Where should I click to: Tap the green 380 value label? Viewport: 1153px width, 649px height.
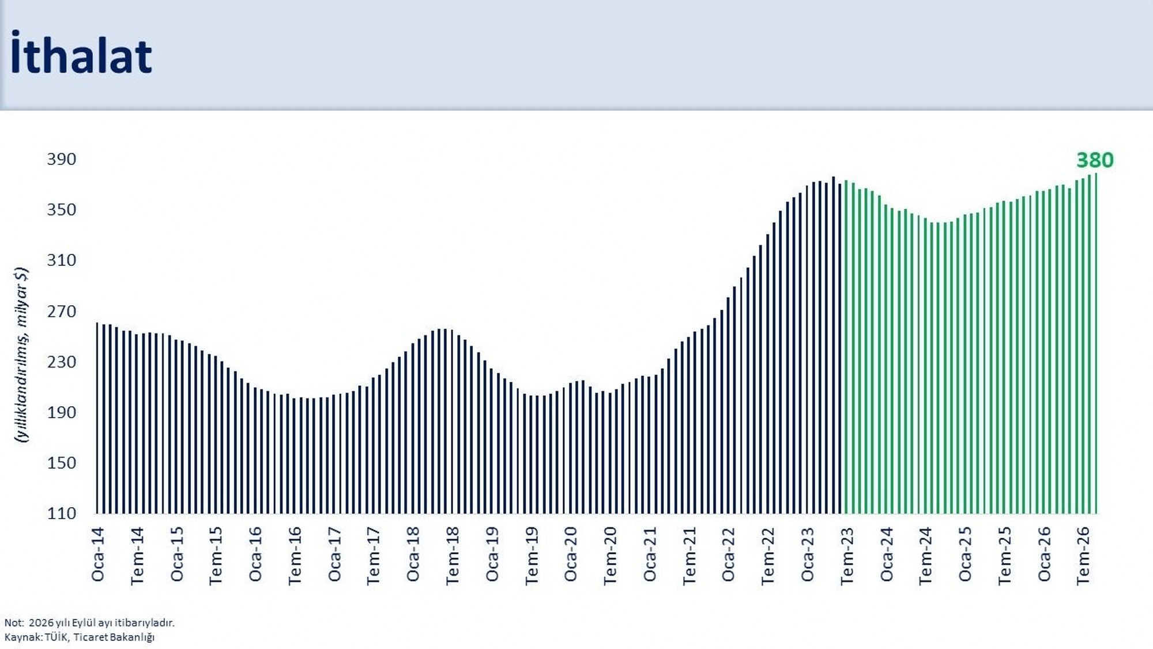pyautogui.click(x=1095, y=160)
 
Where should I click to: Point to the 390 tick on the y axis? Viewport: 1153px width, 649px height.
pyautogui.click(x=62, y=159)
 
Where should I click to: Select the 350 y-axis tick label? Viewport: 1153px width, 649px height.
pyautogui.click(x=62, y=209)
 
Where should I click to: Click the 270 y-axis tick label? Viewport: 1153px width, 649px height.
pyautogui.click(x=62, y=311)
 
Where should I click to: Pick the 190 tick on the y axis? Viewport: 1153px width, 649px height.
pyautogui.click(x=62, y=412)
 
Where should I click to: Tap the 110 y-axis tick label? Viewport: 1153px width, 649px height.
pyautogui.click(x=62, y=513)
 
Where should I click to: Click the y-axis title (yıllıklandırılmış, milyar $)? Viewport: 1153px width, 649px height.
pyautogui.click(x=21, y=355)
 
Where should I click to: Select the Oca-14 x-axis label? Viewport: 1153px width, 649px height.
pyautogui.click(x=98, y=554)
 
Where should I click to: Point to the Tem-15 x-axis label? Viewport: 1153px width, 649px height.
pyautogui.click(x=216, y=556)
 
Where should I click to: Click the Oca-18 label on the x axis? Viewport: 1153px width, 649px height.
pyautogui.click(x=413, y=554)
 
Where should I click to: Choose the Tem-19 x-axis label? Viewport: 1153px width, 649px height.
pyautogui.click(x=532, y=556)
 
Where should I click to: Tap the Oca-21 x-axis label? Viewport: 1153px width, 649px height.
pyautogui.click(x=650, y=554)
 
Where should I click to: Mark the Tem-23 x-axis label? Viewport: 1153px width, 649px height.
pyautogui.click(x=847, y=556)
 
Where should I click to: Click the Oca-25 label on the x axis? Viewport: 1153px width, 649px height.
pyautogui.click(x=965, y=554)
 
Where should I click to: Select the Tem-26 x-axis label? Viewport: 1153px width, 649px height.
pyautogui.click(x=1083, y=556)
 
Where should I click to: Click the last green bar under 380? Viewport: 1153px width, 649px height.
pyautogui.click(x=1095, y=343)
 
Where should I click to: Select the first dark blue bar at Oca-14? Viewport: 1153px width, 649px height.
pyautogui.click(x=97, y=418)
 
